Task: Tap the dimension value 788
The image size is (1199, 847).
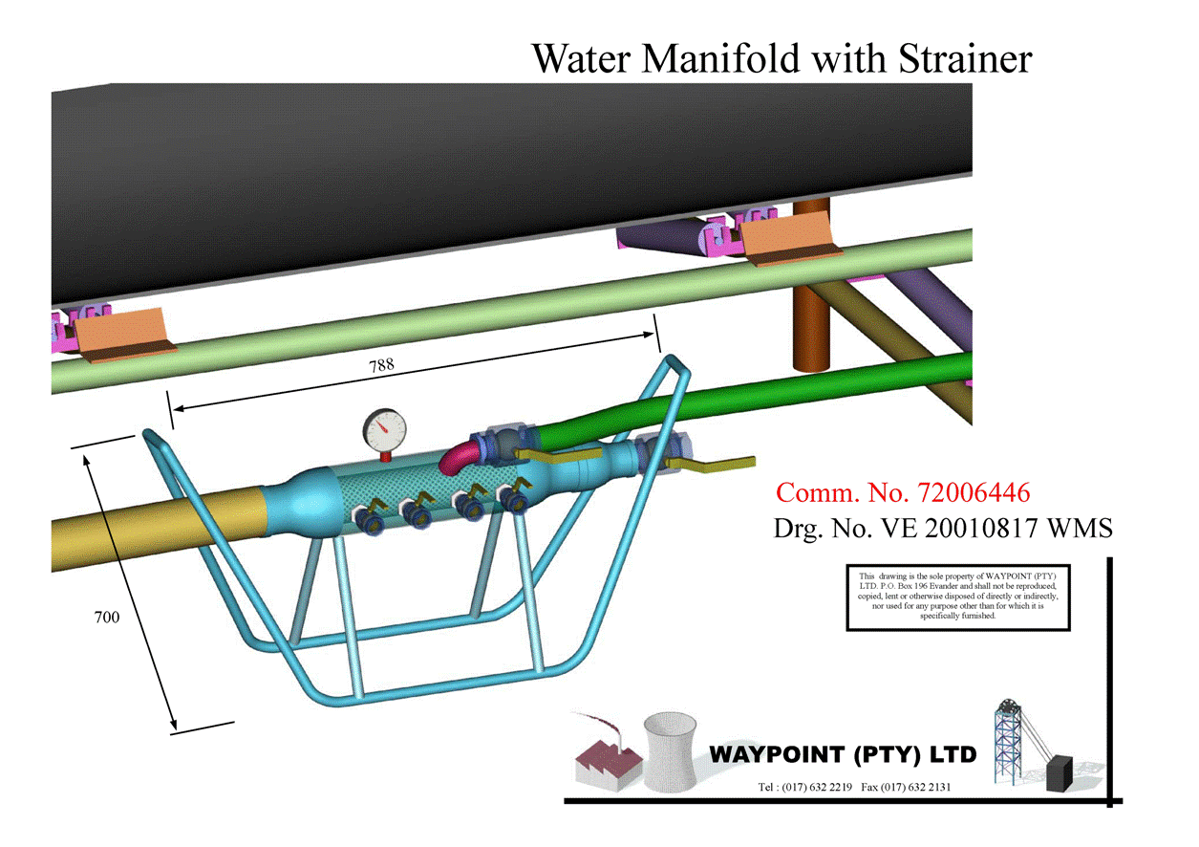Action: [381, 364]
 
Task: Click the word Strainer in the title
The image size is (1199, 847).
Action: [965, 58]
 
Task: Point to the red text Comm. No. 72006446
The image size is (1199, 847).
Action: [903, 493]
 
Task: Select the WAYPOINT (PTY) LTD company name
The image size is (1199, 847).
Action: [843, 754]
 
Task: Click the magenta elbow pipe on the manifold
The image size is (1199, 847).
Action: [459, 455]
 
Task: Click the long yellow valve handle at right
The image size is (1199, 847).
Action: [721, 466]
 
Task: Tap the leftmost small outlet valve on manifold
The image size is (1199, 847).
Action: [367, 513]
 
